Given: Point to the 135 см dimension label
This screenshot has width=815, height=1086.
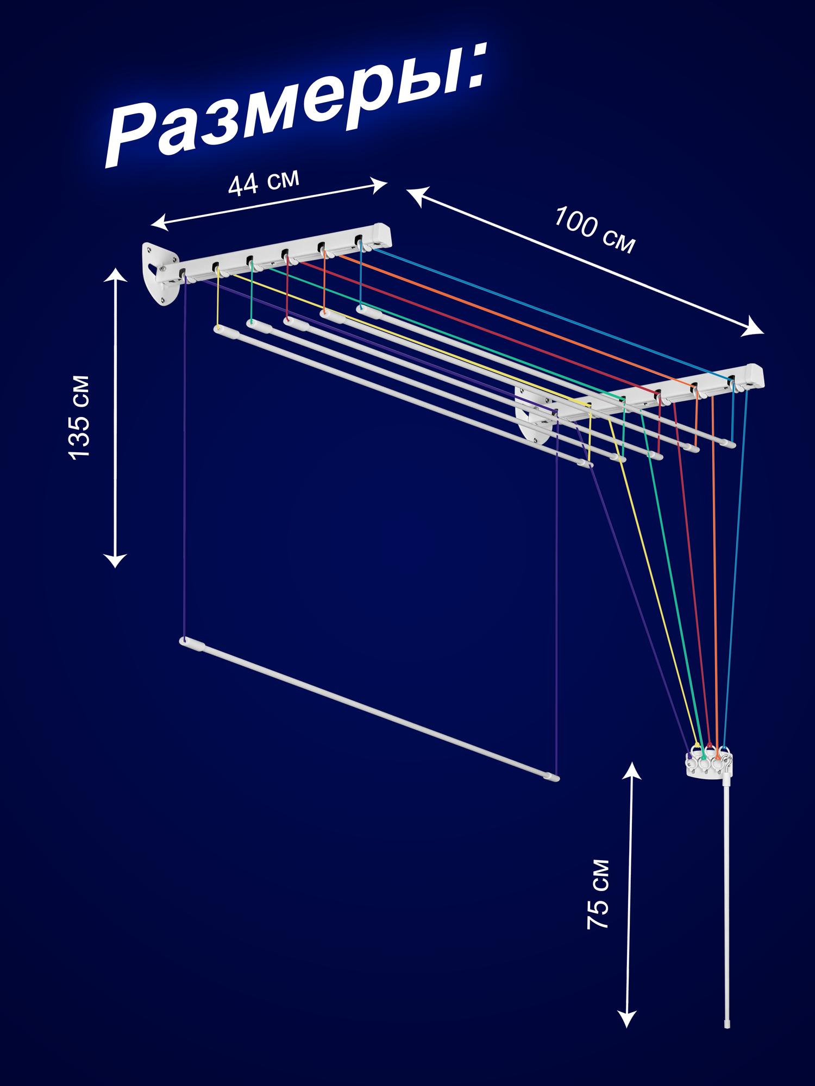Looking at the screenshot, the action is point(80,417).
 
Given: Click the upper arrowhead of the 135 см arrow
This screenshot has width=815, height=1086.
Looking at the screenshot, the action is point(115,275).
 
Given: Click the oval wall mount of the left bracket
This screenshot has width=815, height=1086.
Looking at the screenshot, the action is point(160,274).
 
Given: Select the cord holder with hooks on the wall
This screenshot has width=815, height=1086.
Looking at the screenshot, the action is point(709,763).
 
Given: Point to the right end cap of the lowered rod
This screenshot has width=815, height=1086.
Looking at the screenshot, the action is point(552,777).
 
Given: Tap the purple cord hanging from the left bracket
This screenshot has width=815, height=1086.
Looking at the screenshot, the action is point(185,462).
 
